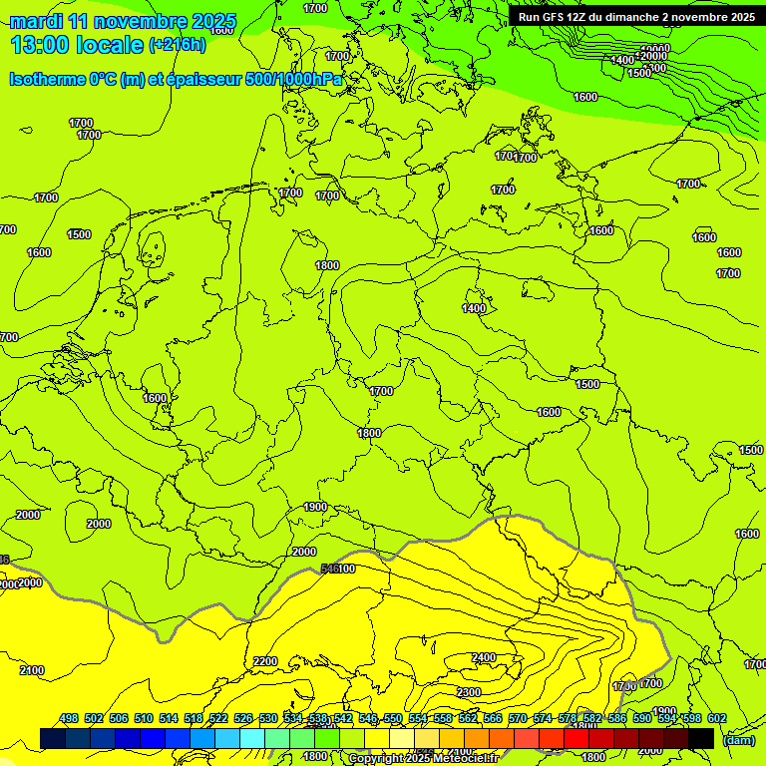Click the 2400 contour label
point(484,657)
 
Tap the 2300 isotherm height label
point(469,692)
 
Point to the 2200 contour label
point(265,661)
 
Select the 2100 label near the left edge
point(32,670)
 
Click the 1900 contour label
point(315,507)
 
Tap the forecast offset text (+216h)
point(178,45)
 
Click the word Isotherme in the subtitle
point(51,80)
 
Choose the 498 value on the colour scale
point(69,718)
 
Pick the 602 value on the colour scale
point(716,718)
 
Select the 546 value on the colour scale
point(367,718)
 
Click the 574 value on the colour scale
point(542,718)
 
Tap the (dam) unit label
point(739,740)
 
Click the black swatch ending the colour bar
point(701,738)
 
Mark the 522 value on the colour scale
point(218,718)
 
